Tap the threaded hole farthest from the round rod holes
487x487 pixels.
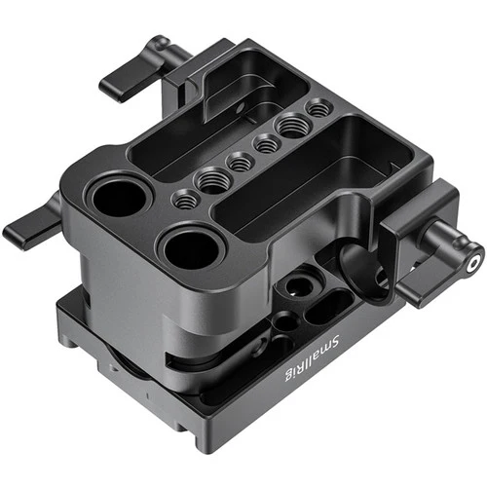point(318,110)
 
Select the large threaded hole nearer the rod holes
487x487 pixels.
point(210,178)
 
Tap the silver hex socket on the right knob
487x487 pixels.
point(473,261)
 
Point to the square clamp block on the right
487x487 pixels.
point(414,248)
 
